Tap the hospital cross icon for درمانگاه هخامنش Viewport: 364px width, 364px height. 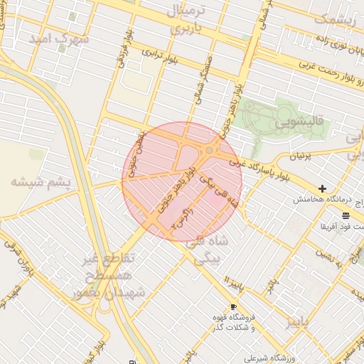coord(323,188)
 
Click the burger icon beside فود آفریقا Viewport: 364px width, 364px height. coord(346,215)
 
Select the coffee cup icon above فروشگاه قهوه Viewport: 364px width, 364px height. coord(234,306)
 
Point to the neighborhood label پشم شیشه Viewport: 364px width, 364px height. coord(41,183)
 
